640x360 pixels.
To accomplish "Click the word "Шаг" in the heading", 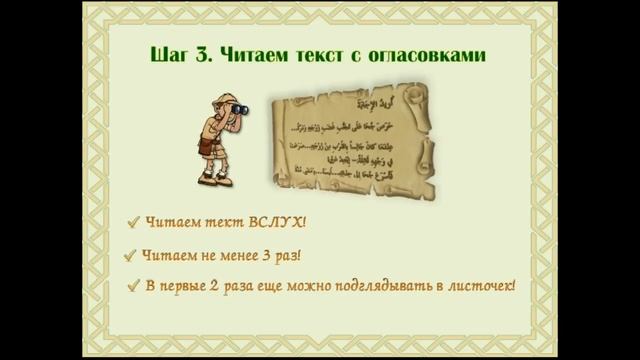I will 180,54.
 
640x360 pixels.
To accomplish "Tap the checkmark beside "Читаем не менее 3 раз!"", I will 130,255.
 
